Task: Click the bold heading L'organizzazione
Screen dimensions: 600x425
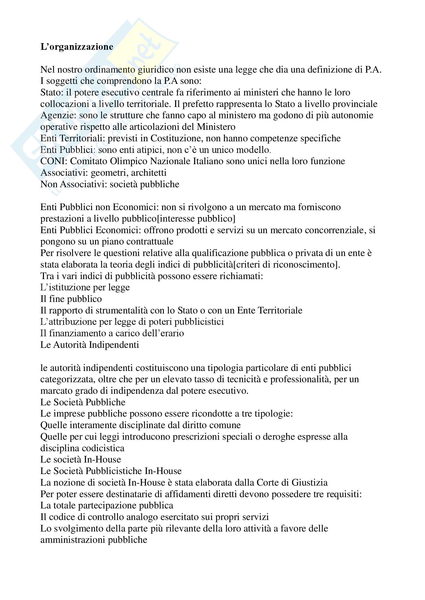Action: pos(77,47)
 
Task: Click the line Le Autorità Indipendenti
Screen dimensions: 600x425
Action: pos(89,345)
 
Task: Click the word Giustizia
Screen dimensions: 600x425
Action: pos(309,483)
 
